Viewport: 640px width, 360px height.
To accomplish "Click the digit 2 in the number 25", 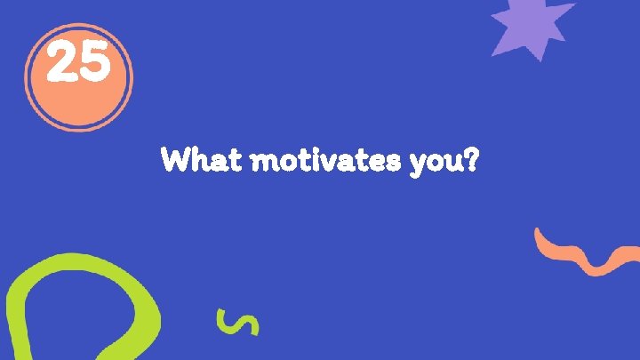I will click(x=61, y=65).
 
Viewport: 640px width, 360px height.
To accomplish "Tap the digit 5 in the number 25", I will click(x=94, y=65).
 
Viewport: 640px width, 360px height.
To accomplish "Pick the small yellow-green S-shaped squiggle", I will click(x=237, y=322).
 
